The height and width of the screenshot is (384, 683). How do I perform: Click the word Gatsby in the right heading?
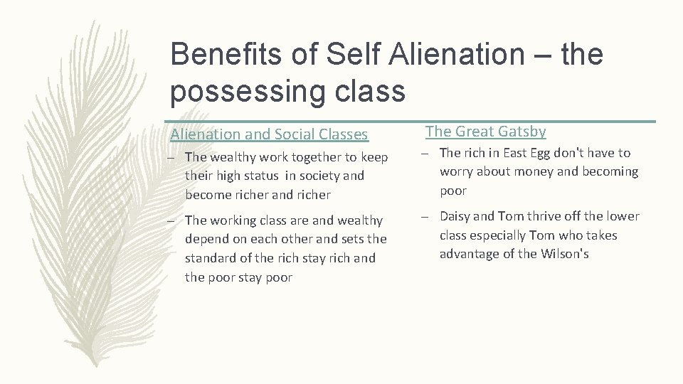pos(522,132)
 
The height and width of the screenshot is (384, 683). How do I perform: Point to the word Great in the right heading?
pos(475,132)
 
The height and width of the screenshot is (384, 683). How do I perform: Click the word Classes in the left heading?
pos(342,134)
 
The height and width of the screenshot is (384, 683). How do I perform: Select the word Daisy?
pos(457,216)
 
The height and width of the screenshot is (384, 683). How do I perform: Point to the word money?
pos(532,172)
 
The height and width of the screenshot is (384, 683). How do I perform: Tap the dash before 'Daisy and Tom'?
pos(429,216)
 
